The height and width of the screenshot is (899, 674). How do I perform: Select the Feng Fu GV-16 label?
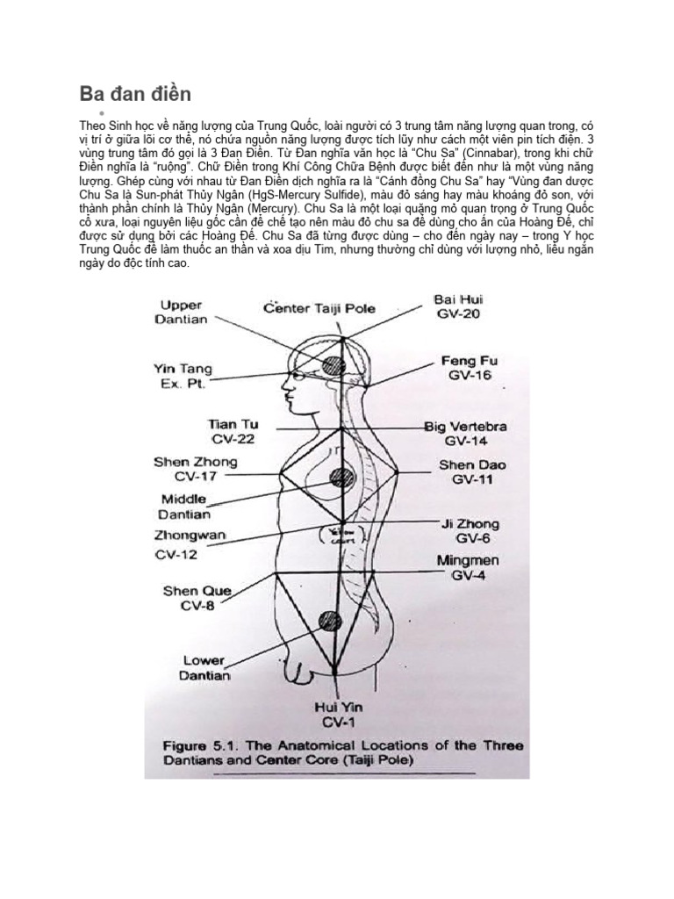tap(470, 367)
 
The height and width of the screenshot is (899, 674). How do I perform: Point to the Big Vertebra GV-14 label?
tap(465, 434)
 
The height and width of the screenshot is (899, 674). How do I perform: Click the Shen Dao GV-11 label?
tap(472, 472)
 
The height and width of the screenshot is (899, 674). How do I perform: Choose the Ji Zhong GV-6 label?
tap(470, 531)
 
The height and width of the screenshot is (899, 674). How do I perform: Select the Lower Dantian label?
tap(205, 668)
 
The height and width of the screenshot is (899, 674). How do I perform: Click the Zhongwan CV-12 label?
tap(190, 544)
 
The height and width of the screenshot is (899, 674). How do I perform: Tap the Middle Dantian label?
tap(184, 507)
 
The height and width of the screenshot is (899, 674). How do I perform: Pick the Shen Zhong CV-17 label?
tap(195, 469)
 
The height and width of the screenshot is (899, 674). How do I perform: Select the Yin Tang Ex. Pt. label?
tap(183, 377)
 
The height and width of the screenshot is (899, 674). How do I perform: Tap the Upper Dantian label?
tap(181, 313)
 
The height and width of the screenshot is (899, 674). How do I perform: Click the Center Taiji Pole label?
tap(319, 308)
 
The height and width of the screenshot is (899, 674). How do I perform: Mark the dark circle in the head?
tap(333, 364)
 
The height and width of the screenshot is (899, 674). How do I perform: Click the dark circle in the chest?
tap(341, 478)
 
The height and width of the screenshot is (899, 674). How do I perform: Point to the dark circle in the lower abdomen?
tap(330, 621)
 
